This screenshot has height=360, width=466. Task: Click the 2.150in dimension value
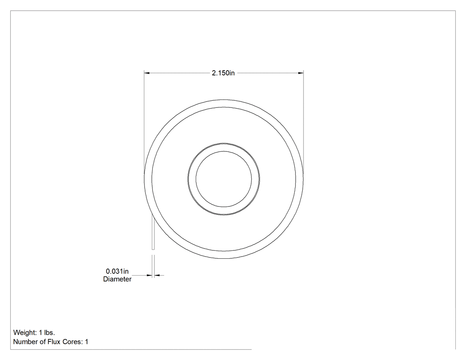click(223, 73)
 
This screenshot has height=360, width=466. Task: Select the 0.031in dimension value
click(117, 271)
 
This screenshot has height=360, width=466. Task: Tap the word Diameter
click(117, 279)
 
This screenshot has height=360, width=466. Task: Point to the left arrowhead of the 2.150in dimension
click(147, 73)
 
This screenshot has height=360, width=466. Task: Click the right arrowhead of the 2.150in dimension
click(301, 73)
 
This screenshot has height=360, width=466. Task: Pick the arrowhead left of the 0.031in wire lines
click(149, 275)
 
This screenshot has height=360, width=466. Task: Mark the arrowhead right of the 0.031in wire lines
click(157, 275)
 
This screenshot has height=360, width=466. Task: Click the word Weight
click(25, 332)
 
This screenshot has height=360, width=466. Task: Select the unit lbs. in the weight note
click(50, 332)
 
